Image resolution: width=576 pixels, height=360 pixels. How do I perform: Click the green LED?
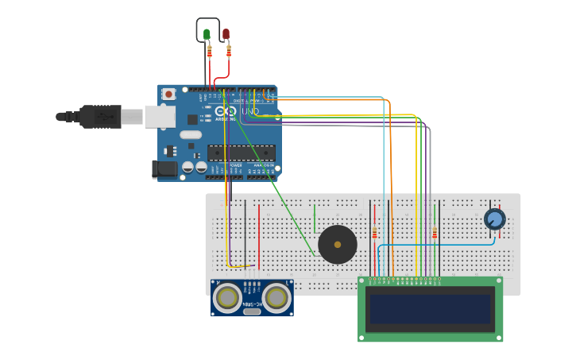(207, 34)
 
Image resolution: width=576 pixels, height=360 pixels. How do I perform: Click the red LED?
(226, 34)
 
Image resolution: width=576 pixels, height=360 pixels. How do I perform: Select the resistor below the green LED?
(209, 52)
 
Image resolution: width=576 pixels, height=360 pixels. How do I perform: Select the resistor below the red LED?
(229, 51)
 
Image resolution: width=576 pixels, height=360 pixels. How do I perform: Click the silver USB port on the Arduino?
(160, 116)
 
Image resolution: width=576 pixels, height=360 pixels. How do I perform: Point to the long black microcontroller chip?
(242, 152)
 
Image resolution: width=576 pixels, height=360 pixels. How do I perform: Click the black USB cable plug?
(99, 116)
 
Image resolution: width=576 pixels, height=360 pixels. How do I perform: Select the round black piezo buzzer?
(338, 244)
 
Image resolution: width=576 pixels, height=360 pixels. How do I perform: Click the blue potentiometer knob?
(494, 219)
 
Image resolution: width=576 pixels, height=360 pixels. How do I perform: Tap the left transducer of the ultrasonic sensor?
(229, 298)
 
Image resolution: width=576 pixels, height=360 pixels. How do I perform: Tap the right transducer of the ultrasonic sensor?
(276, 298)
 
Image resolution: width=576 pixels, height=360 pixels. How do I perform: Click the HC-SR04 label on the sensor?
(253, 305)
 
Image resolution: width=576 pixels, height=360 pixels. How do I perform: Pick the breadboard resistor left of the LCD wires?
(374, 233)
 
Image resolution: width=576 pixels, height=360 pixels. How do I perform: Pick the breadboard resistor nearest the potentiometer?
(435, 233)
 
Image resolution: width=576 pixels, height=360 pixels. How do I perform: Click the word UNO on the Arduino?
(249, 111)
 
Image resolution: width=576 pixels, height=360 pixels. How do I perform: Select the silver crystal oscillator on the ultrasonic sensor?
(253, 312)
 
